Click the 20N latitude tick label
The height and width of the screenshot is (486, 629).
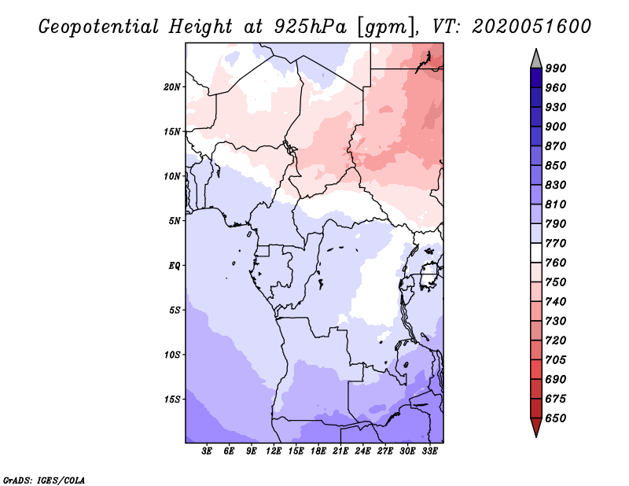(x=172, y=87)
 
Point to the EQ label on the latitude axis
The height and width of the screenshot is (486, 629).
(x=175, y=266)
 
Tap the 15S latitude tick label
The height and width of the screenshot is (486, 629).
(x=172, y=399)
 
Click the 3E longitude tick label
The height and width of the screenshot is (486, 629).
(x=208, y=451)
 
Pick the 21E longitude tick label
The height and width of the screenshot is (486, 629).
(x=340, y=451)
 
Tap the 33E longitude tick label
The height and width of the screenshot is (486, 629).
(x=429, y=451)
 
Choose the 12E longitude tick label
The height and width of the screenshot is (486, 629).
(x=274, y=451)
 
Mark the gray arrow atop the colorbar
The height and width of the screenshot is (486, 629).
(x=536, y=58)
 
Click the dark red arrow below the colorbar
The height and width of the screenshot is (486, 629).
(x=536, y=428)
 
